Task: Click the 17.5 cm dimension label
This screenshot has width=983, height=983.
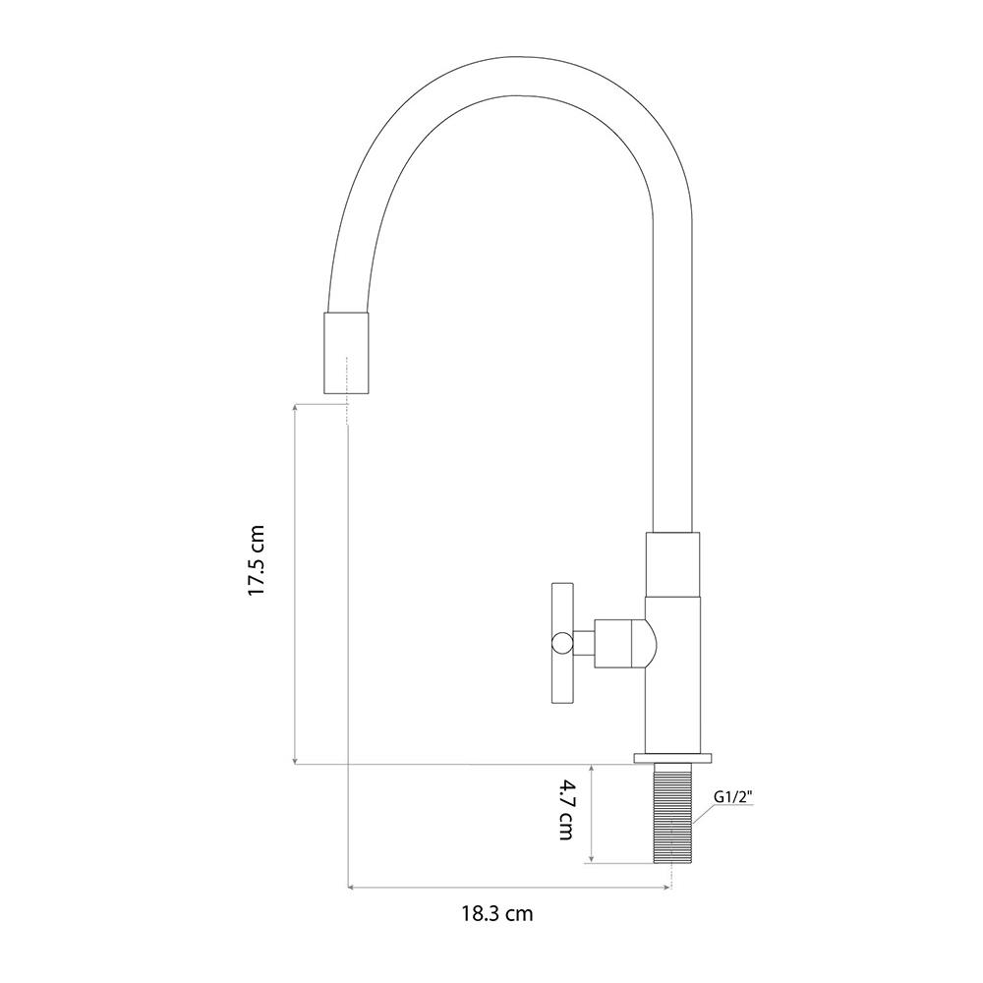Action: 257,560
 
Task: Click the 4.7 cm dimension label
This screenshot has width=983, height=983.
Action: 566,809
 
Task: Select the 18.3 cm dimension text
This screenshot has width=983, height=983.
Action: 497,913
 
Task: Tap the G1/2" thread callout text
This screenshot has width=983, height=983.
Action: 733,797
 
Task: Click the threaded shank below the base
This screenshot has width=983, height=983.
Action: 672,813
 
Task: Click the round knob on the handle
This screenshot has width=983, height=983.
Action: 561,643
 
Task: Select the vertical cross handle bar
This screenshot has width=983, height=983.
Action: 562,643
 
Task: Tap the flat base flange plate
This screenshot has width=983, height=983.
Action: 672,758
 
